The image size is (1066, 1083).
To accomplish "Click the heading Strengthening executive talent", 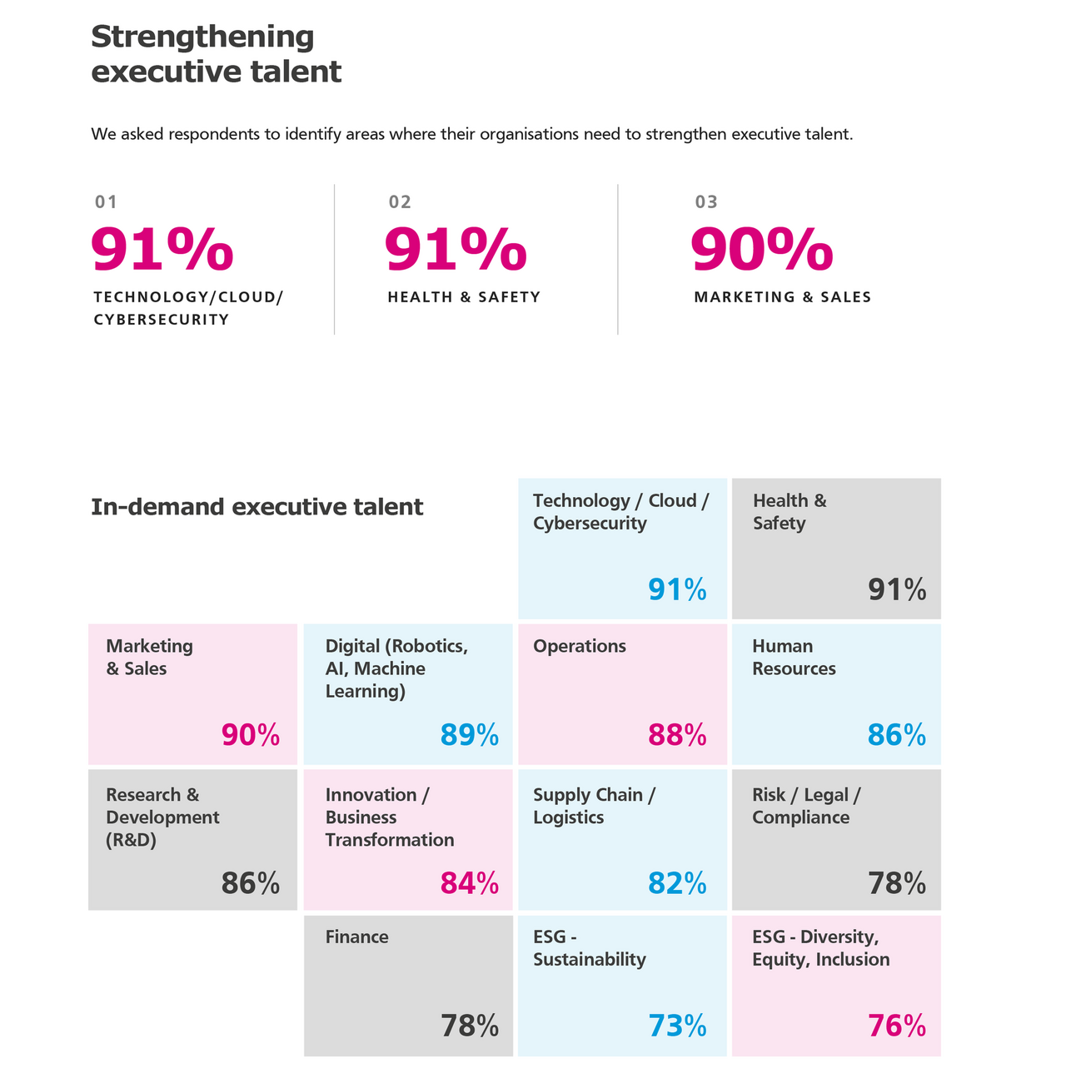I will pyautogui.click(x=216, y=54).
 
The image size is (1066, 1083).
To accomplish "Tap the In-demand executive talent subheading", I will pyautogui.click(x=257, y=507).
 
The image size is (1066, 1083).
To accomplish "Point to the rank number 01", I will pyautogui.click(x=106, y=201).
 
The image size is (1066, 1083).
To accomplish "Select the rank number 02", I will pyautogui.click(x=400, y=201).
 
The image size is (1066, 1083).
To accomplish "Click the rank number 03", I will pyautogui.click(x=706, y=201).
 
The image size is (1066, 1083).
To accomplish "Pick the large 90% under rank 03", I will pyautogui.click(x=761, y=250).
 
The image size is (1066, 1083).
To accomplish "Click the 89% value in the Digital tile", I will pyautogui.click(x=469, y=735).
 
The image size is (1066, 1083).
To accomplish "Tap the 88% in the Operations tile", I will pyautogui.click(x=677, y=735).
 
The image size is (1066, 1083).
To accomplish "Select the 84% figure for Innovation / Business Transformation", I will pyautogui.click(x=469, y=883).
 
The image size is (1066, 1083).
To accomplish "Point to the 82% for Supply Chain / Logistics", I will pyautogui.click(x=677, y=883).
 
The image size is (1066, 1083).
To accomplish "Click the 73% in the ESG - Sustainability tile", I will pyautogui.click(x=677, y=1026).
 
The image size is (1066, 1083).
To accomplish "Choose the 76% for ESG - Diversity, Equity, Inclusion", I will pyautogui.click(x=896, y=1026).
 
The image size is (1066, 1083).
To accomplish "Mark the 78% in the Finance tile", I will pyautogui.click(x=469, y=1026).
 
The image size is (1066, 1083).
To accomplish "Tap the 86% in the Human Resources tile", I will pyautogui.click(x=896, y=735).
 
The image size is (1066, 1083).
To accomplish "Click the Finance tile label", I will pyautogui.click(x=356, y=937).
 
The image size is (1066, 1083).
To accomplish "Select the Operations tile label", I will pyautogui.click(x=579, y=647).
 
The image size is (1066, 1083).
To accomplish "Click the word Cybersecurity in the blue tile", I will pyautogui.click(x=590, y=524).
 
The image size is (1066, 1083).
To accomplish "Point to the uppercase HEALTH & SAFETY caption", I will pyautogui.click(x=464, y=297).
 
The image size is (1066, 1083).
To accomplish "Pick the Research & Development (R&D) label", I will pyautogui.click(x=162, y=817).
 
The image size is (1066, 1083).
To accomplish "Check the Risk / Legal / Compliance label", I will pyautogui.click(x=805, y=807).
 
